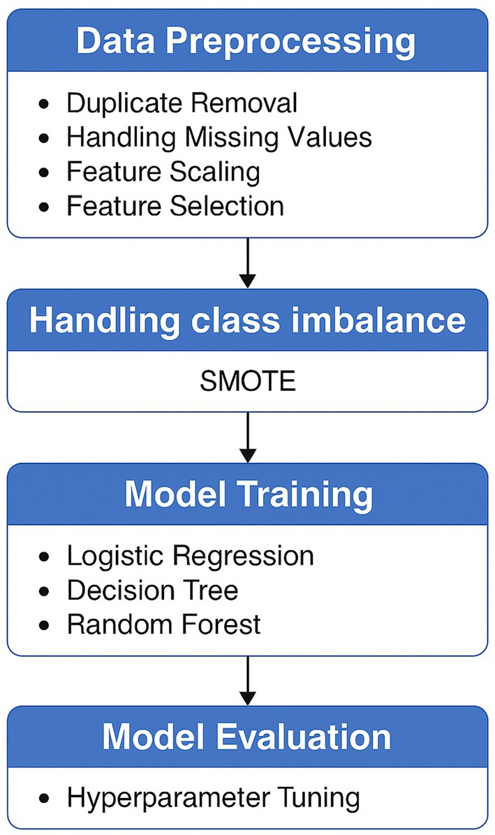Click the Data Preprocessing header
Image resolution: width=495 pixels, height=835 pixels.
click(246, 41)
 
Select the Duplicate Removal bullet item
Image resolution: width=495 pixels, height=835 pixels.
click(182, 103)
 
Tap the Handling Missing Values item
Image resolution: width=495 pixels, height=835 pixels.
click(219, 137)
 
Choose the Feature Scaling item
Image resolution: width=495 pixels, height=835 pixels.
click(163, 171)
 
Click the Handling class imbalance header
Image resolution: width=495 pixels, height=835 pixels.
click(247, 320)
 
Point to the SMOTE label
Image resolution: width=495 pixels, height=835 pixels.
click(247, 382)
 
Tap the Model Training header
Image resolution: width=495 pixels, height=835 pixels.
click(247, 495)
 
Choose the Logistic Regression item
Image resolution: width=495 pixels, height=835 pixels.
click(190, 556)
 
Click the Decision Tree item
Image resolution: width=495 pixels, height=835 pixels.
click(152, 590)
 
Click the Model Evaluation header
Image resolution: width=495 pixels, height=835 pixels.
click(247, 738)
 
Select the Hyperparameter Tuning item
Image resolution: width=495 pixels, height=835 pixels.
click(213, 797)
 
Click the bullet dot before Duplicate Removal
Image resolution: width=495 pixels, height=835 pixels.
click(45, 104)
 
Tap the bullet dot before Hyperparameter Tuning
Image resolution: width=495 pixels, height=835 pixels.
click(45, 798)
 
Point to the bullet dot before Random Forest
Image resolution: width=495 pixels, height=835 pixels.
click(45, 624)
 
